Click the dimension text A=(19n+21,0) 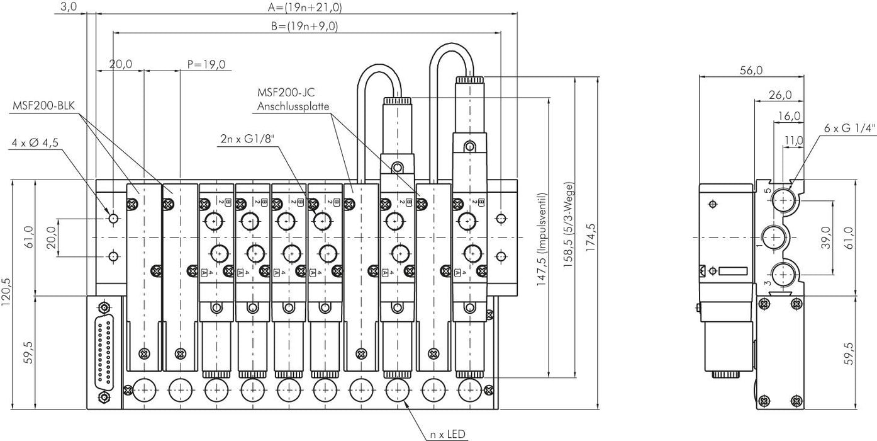coord(304,8)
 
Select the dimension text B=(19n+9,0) coord(304,26)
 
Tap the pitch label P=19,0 coord(207,64)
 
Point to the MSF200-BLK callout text coord(43,105)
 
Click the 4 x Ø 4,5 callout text coord(35,142)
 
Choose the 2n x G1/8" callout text coord(247,139)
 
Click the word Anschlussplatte coord(293,106)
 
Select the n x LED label coord(447,434)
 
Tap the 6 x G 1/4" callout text coord(849,128)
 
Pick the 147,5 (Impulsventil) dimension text coord(541,240)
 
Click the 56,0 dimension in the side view coord(751,71)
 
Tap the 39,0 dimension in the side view coord(826,238)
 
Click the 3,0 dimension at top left coord(69,8)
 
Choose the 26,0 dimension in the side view coord(779,95)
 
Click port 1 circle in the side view coord(773,238)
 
